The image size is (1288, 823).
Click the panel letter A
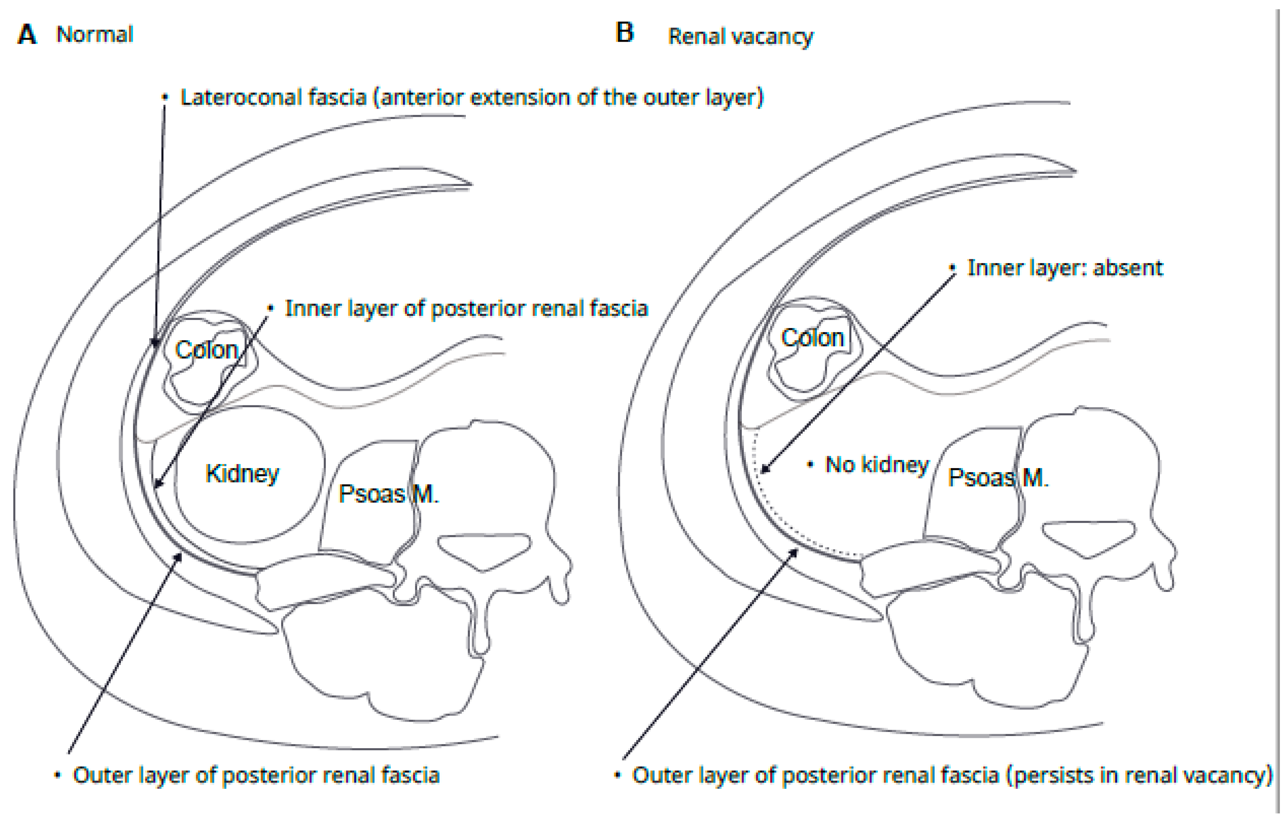(x=27, y=35)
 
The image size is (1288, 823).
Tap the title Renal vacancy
(x=741, y=37)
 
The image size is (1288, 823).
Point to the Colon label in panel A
(x=206, y=350)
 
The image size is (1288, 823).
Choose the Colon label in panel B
(x=813, y=338)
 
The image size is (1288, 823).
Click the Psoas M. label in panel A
(x=389, y=494)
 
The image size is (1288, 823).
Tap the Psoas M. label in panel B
(x=998, y=478)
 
